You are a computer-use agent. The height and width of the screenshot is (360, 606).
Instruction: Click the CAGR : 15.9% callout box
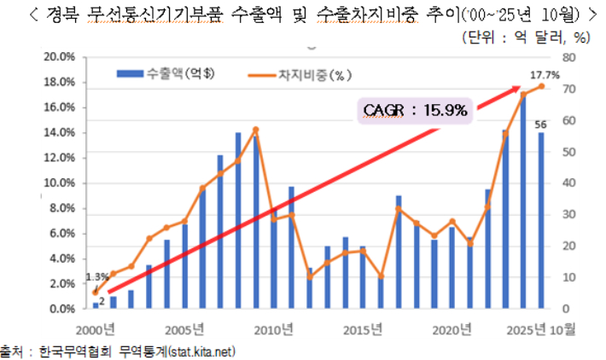pos(413,110)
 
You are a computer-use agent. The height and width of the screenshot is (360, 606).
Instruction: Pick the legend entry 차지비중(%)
pos(295,74)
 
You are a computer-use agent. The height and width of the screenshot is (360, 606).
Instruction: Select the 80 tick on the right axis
pos(570,57)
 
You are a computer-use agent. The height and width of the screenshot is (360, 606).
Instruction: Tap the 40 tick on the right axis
pos(570,183)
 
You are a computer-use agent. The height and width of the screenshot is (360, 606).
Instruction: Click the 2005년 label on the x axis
pos(184,329)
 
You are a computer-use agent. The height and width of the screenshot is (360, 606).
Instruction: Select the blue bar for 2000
pos(96,305)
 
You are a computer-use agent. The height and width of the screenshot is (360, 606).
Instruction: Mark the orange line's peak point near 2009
pos(255,130)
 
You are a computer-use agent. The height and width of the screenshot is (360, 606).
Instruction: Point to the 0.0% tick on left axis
pos(62,308)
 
